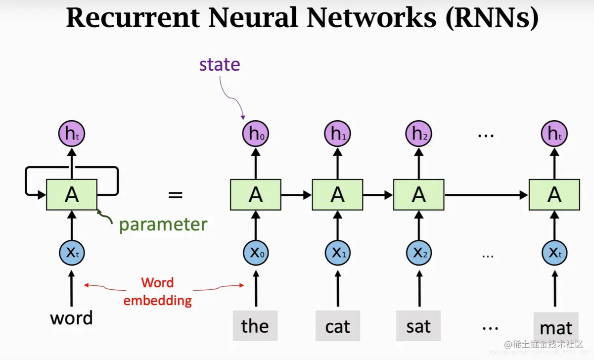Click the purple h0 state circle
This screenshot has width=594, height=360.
point(256,134)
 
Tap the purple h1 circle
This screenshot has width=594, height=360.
point(338,134)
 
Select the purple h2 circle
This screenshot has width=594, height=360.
point(419,134)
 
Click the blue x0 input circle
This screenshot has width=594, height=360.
point(256,253)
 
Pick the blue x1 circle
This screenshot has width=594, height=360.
point(338,253)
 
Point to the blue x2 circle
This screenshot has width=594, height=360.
point(419,253)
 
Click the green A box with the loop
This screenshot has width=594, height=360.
point(72,195)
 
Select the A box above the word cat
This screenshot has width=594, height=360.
point(337,195)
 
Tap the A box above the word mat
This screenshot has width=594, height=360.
point(554,195)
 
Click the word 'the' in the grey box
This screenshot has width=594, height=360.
point(255,326)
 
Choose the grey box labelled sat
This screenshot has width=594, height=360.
point(418,326)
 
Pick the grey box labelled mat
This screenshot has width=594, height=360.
point(556,327)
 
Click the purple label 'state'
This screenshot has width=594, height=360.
point(220,65)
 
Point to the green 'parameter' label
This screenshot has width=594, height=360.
point(163,225)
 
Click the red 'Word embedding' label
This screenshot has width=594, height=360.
point(158,291)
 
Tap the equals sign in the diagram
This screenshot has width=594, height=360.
point(175,195)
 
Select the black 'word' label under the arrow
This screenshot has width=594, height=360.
point(71,318)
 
